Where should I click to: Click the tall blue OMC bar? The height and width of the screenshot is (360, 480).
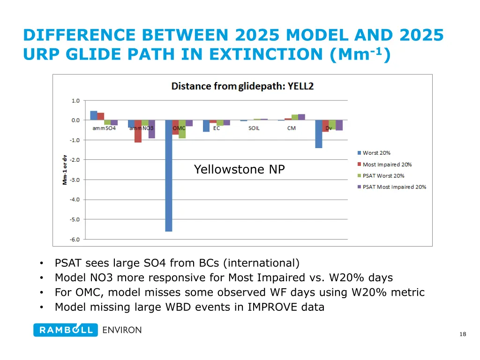coord(169,176)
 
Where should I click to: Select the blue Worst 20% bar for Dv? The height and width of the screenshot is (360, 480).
coord(319,134)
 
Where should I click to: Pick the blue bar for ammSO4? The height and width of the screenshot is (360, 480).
coord(94,116)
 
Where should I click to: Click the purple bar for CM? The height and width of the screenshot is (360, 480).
coord(301,117)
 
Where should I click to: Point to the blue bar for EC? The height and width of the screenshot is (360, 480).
coord(206,126)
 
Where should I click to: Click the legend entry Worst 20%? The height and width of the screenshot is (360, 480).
coord(376,153)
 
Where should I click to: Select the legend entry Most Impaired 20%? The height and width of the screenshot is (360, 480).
coord(387,165)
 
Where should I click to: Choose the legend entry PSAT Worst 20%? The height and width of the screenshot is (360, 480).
coord(383,176)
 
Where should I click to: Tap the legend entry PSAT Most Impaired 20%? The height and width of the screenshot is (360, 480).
coord(394,187)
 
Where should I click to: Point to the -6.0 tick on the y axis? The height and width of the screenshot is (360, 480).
coord(75,239)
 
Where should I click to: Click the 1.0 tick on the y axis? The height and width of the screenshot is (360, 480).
coord(75,100)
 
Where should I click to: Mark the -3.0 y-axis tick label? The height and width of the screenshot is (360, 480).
coord(75,180)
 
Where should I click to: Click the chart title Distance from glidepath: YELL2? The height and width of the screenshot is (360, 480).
coord(242,86)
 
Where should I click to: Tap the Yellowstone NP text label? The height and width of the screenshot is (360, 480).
coord(239,170)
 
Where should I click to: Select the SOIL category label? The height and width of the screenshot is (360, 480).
coord(254,128)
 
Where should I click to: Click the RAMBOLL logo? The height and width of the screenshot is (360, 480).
coord(66,330)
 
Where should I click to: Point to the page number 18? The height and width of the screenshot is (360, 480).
coord(463,334)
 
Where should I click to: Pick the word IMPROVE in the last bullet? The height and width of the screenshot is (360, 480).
coord(271,307)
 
